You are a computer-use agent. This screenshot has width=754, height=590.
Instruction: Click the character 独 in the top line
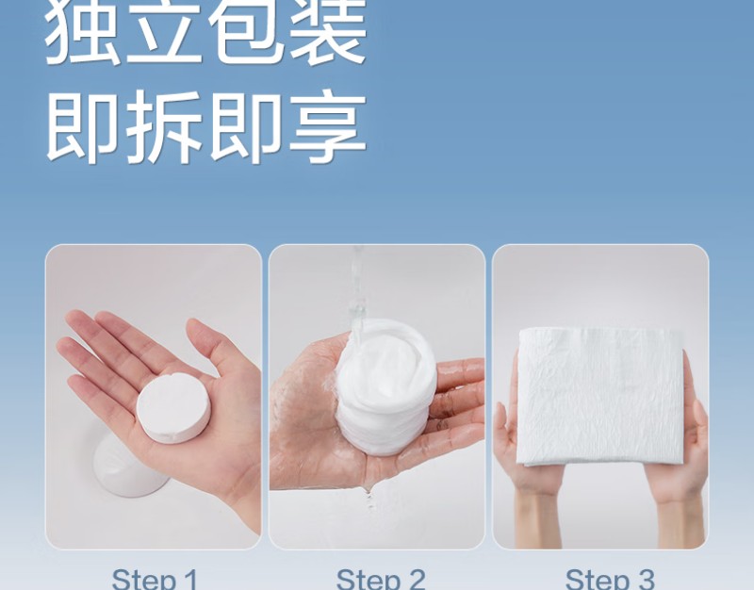point(83,31)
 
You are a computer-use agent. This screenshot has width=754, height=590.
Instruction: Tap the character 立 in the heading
point(163,31)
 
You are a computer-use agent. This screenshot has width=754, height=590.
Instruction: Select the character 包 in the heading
point(245,31)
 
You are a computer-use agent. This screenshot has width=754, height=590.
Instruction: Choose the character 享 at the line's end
point(328,126)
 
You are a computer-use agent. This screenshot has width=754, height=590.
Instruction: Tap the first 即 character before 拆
point(83,126)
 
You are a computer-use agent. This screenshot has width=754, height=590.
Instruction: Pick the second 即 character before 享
point(246,126)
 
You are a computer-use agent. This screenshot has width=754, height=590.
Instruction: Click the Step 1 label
point(155,579)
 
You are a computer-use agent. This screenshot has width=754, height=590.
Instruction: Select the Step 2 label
point(381,579)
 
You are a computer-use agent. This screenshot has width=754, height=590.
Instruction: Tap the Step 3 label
point(610,579)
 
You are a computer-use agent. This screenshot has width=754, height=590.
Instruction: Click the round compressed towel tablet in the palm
point(173,405)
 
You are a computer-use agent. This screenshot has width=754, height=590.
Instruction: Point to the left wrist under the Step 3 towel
point(539,519)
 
